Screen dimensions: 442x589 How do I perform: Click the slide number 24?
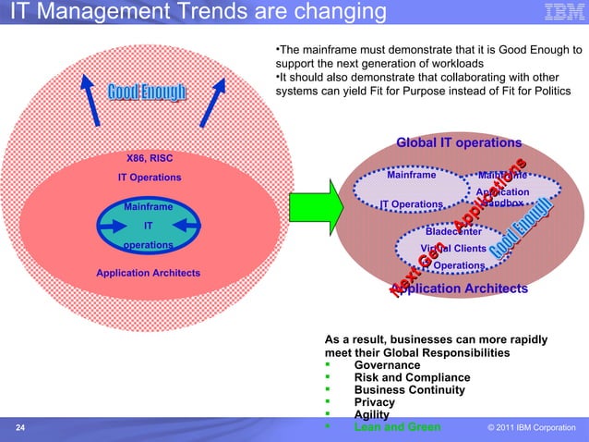(x=20, y=427)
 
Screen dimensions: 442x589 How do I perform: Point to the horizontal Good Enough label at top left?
(x=147, y=92)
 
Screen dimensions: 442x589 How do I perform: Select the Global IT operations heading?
(x=459, y=142)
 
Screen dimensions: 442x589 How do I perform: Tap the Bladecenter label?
(x=452, y=232)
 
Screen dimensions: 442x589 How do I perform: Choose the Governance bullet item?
(x=387, y=365)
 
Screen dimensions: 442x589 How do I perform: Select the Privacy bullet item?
(x=374, y=402)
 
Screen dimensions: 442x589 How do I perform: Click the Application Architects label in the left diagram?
(x=148, y=273)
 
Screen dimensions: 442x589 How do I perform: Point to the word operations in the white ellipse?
(x=148, y=246)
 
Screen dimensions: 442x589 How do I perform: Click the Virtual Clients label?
(x=452, y=249)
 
